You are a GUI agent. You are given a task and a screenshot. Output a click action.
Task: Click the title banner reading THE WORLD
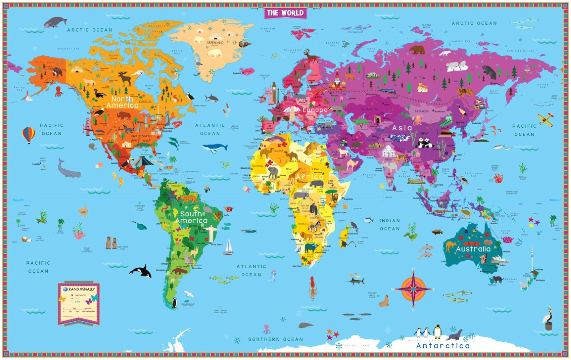[x=285, y=13]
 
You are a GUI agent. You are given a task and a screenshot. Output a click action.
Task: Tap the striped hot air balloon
[x=28, y=135]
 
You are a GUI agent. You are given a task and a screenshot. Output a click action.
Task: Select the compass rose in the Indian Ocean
[x=413, y=288]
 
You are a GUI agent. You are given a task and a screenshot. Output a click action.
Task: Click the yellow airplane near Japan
[x=546, y=119]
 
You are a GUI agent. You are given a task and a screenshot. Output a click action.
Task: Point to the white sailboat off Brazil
[x=229, y=247]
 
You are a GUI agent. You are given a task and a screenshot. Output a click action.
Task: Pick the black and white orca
[x=140, y=270]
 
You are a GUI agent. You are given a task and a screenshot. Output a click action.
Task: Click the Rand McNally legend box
[x=78, y=302]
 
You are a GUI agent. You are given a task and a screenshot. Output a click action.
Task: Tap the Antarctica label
[x=443, y=346]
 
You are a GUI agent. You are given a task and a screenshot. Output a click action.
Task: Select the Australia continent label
[x=473, y=249]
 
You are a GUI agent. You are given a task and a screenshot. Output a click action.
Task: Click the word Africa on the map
[x=309, y=177]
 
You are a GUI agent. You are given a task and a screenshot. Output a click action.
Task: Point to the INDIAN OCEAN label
[x=390, y=225]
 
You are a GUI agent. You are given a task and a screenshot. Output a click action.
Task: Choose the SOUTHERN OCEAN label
[x=276, y=339]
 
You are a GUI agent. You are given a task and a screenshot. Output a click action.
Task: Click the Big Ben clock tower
[x=274, y=91]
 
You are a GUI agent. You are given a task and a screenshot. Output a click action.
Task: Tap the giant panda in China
[x=424, y=143]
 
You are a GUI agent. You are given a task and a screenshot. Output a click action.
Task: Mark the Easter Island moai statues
[x=111, y=243]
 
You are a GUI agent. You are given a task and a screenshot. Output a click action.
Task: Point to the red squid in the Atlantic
[x=312, y=287]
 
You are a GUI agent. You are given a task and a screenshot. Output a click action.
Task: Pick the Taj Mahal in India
[x=388, y=151]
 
